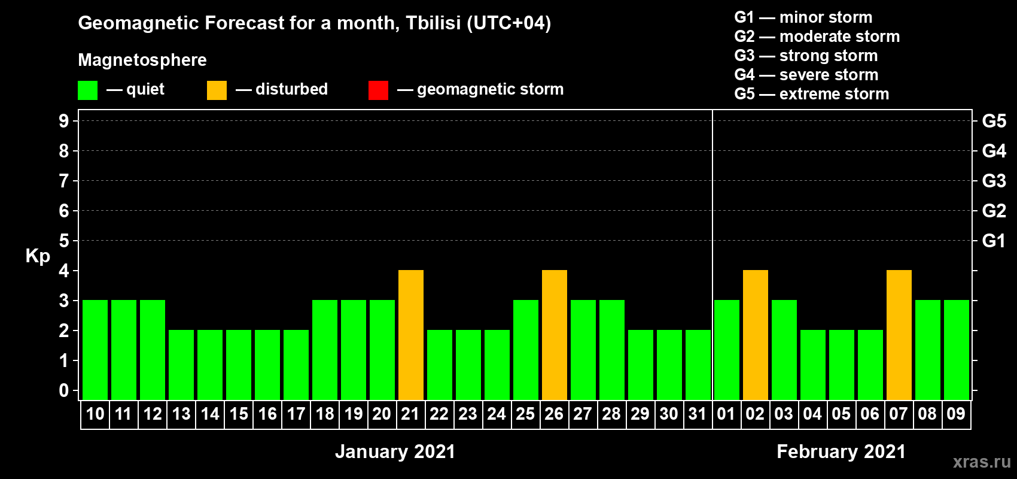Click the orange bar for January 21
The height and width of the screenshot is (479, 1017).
411,335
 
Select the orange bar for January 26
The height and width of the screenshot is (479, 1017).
555,335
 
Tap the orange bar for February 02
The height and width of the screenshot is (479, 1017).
756,335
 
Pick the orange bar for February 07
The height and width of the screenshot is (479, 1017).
899,335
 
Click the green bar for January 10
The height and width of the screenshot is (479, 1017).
95,350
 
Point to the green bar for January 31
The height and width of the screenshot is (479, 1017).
698,365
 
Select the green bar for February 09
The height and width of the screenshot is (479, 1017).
957,350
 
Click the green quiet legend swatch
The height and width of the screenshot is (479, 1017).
87,90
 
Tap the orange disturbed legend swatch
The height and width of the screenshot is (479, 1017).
217,90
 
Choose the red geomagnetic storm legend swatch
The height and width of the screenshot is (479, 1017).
378,90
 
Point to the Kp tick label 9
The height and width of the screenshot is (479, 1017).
63,121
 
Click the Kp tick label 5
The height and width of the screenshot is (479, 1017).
63,241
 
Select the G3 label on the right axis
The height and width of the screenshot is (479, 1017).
994,181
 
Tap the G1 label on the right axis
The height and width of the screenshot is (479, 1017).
994,241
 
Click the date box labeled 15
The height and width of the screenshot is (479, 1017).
239,414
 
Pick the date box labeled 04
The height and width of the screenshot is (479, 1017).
812,414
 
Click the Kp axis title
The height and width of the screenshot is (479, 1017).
38,256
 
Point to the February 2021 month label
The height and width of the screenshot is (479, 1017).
841,451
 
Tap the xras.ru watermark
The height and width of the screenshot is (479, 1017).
982,462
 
